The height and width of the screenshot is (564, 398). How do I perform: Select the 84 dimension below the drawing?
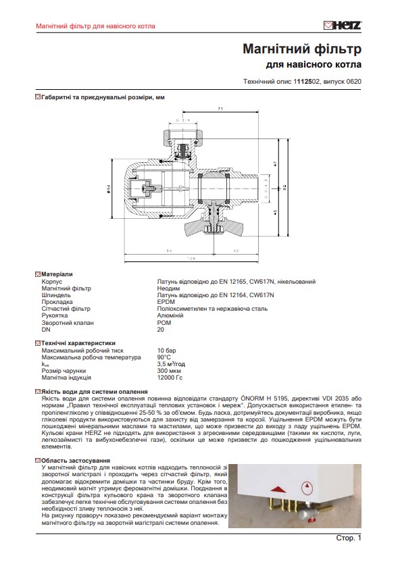pyautogui.click(x=149, y=251)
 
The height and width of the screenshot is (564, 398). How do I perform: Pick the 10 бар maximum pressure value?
pyautogui.click(x=166, y=351)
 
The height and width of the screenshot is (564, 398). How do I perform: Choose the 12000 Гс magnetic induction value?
pyautogui.click(x=170, y=378)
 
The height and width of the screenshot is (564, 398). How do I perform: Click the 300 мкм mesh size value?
pyautogui.click(x=168, y=371)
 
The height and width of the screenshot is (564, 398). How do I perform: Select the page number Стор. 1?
pyautogui.click(x=349, y=538)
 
